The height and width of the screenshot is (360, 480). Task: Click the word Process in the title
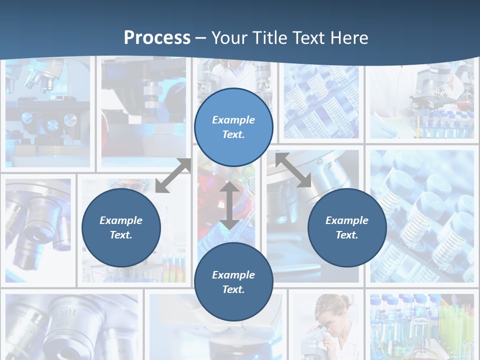(157, 38)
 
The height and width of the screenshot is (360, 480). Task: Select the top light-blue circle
(233, 127)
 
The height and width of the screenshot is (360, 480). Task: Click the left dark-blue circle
(121, 227)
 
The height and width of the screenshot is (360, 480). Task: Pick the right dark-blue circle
(347, 227)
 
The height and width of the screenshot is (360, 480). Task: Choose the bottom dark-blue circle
(233, 282)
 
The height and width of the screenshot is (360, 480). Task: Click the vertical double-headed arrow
(229, 205)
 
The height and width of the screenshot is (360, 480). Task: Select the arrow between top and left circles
(173, 176)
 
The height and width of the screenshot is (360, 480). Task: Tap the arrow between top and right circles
(292, 170)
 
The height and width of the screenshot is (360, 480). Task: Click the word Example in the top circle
(233, 120)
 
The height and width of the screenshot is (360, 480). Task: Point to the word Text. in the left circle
(121, 235)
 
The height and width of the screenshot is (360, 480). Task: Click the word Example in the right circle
(347, 220)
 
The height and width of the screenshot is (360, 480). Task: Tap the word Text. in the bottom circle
(233, 289)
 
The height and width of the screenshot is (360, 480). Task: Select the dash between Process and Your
(200, 38)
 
